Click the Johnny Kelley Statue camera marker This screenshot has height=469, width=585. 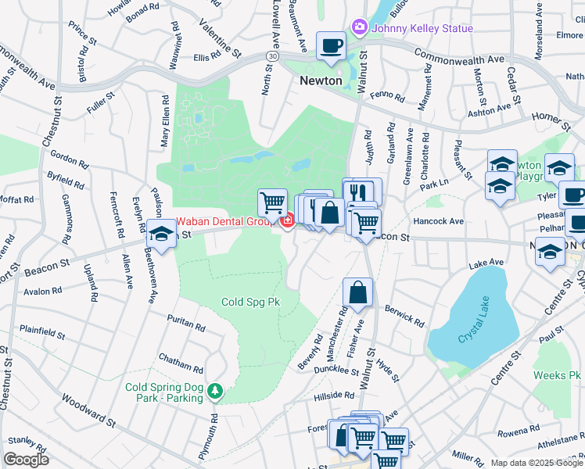tap(359, 28)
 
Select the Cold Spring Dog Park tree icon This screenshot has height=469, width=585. tap(214, 389)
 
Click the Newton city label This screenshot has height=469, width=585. tap(321, 81)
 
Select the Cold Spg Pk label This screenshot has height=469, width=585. tap(249, 302)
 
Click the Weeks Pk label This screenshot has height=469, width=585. tap(557, 376)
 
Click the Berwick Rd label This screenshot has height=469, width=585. tap(404, 315)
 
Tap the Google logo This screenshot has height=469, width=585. tap(26, 459)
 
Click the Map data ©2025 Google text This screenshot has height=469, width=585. tap(537, 463)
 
